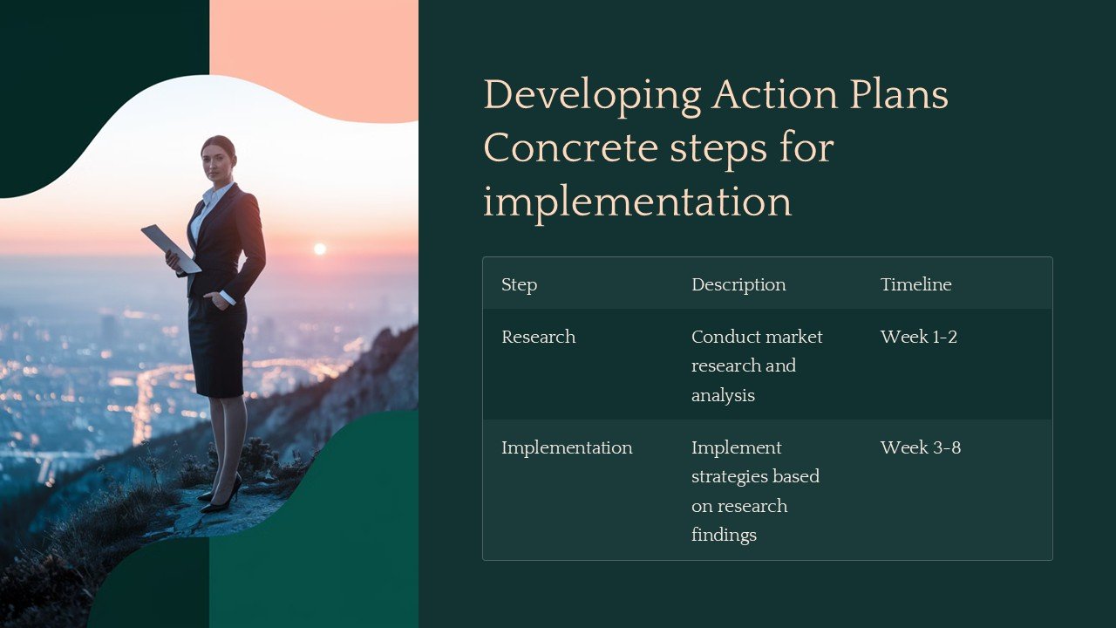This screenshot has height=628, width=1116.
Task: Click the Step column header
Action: (x=519, y=284)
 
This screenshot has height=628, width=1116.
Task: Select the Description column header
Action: (x=738, y=284)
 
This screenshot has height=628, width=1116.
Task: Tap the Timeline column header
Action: (x=915, y=284)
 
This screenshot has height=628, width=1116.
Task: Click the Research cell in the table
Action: (x=538, y=337)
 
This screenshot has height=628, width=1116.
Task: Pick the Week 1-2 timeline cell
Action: (x=918, y=337)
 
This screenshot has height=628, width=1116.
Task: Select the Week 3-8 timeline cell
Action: (x=920, y=447)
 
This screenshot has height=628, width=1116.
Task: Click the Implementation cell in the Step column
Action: (x=567, y=447)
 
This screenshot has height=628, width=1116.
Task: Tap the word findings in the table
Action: (x=724, y=535)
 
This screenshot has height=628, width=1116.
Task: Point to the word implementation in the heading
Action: (x=636, y=202)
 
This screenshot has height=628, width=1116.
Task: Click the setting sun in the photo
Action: (x=320, y=249)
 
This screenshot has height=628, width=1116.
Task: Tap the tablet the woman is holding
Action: (x=170, y=247)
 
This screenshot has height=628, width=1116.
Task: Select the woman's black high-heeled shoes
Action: (x=221, y=494)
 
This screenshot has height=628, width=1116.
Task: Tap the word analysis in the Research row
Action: (x=723, y=395)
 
